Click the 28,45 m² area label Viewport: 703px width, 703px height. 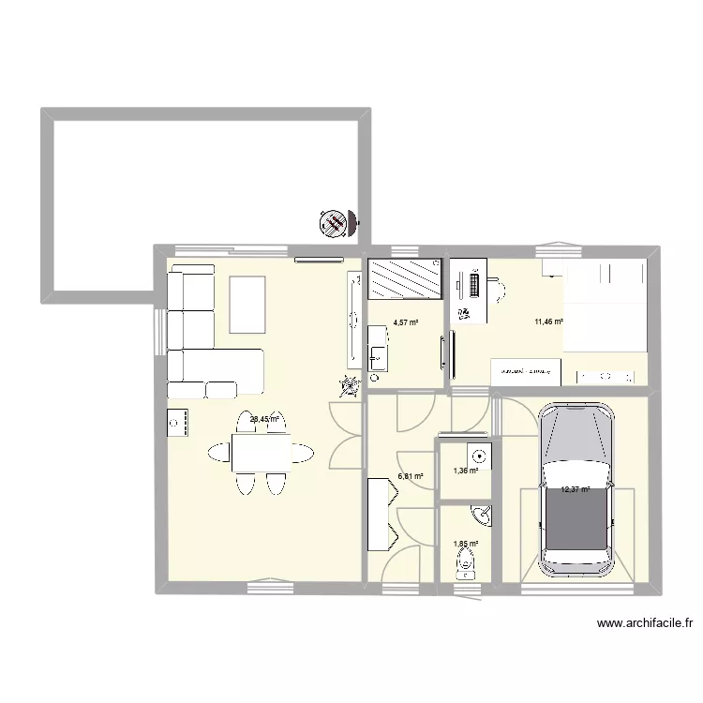point(264,420)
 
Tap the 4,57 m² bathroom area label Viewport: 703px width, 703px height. point(406,322)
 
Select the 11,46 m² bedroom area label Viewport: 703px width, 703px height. point(548,322)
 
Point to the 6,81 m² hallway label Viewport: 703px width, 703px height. point(411,476)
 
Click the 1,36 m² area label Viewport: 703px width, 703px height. point(466,471)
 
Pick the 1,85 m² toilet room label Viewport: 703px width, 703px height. point(466,544)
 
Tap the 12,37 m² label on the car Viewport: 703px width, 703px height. point(575,489)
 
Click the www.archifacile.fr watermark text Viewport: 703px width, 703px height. point(647,622)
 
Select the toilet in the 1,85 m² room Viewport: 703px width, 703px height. point(465,564)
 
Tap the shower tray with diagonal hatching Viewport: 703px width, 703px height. point(405,278)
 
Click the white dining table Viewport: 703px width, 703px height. point(261,455)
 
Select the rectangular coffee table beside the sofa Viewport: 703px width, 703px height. point(247,304)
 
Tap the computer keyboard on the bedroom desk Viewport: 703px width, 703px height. point(473,285)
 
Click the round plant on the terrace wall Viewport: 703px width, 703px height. point(331,223)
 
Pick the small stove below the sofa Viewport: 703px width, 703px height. point(178,424)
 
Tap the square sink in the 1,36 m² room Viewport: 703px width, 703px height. point(479,456)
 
